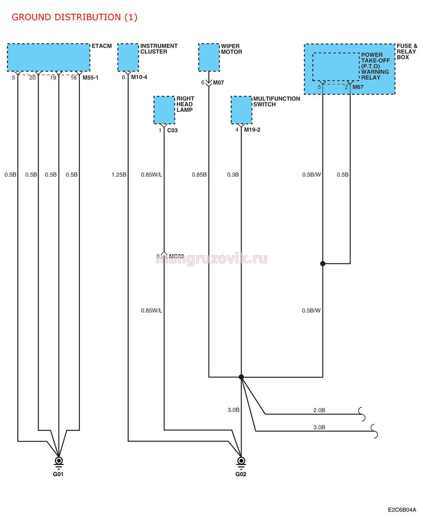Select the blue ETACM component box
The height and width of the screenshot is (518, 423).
click(48, 57)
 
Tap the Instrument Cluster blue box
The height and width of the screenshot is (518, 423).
click(128, 57)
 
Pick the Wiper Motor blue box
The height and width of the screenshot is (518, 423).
click(209, 57)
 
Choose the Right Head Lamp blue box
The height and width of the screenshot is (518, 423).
click(164, 110)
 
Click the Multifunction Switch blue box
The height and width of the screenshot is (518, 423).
click(242, 110)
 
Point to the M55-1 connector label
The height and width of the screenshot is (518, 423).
click(90, 77)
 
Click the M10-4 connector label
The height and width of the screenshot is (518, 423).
click(139, 77)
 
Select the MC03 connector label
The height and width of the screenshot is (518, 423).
click(176, 256)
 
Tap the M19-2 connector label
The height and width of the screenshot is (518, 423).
click(252, 130)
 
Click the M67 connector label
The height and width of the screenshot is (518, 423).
click(358, 87)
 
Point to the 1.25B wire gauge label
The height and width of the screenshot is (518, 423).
click(119, 174)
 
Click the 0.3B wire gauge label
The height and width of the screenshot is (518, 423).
click(233, 174)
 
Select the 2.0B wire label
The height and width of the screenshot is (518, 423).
click(319, 410)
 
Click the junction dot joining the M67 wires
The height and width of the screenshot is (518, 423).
click(323, 263)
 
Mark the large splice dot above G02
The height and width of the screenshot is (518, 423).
click(242, 377)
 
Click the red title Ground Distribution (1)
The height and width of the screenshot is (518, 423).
click(74, 17)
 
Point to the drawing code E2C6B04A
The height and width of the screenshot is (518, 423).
click(402, 510)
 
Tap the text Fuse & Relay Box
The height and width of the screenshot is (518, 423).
click(407, 52)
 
